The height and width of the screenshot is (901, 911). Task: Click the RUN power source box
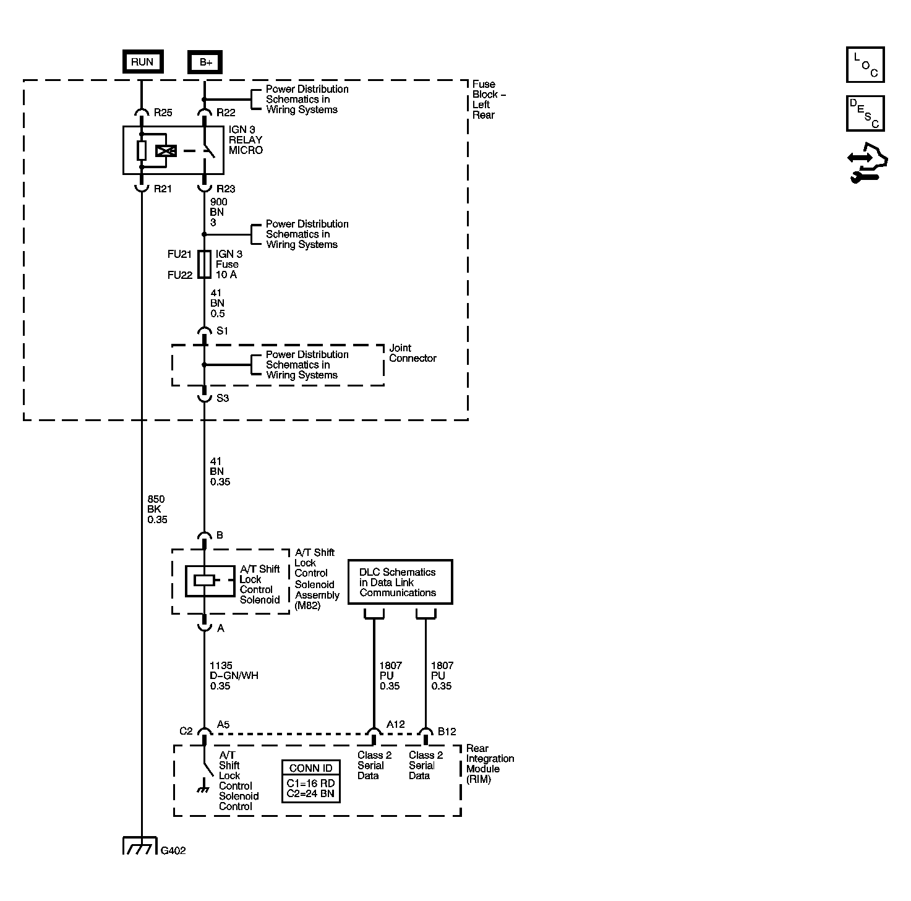tap(142, 62)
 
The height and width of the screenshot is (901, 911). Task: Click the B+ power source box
tap(205, 62)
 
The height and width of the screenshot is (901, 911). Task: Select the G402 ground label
tap(173, 850)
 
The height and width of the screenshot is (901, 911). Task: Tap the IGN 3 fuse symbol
tap(204, 264)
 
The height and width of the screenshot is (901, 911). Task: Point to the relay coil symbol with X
tap(166, 150)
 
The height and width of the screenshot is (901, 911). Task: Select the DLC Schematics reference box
tap(400, 582)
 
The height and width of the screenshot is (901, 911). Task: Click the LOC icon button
tap(865, 64)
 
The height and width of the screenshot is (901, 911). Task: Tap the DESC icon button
tap(865, 113)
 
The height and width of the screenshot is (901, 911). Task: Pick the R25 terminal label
tap(163, 113)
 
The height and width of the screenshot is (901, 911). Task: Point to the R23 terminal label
tap(226, 189)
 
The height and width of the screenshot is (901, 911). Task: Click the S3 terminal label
tap(223, 398)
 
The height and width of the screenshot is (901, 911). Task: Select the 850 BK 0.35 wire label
tap(157, 510)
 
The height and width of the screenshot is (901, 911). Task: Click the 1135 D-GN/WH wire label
tap(234, 676)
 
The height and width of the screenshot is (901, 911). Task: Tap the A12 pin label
tap(396, 725)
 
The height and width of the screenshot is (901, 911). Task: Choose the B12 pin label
tap(447, 732)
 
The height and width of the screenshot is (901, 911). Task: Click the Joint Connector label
tap(413, 353)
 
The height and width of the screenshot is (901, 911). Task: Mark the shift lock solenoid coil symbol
tap(205, 580)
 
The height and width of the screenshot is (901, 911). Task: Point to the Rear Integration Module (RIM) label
tap(490, 764)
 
